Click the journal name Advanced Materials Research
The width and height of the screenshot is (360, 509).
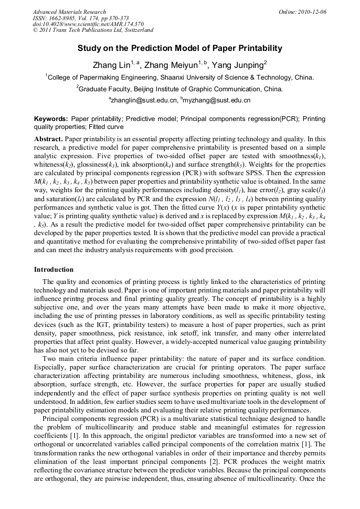[69, 12]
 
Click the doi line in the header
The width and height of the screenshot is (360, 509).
[88, 24]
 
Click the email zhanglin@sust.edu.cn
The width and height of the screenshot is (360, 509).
[144, 100]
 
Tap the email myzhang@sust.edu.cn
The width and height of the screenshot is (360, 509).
[217, 100]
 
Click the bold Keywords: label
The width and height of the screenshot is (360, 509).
[51, 119]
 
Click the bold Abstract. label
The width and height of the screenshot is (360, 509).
[48, 138]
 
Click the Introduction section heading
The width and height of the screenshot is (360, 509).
[54, 270]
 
